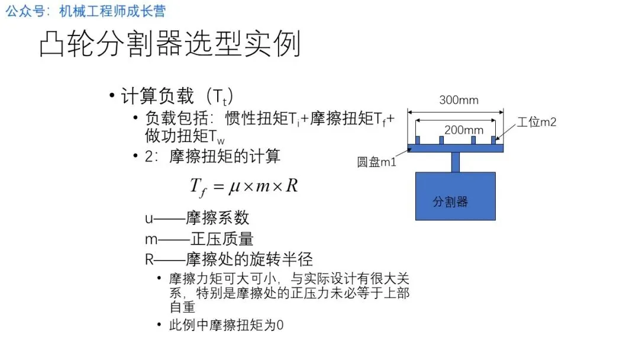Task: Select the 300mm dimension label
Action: [459, 100]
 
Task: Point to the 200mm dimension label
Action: [463, 130]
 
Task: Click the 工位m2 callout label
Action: [537, 123]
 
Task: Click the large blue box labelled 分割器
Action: [455, 196]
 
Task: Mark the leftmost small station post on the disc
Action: [418, 140]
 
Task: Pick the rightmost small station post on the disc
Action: [493, 140]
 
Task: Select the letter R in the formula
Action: [291, 186]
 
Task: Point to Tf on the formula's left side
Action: [198, 188]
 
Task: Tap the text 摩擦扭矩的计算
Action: [225, 157]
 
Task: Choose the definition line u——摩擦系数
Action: [197, 218]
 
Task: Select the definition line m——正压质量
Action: [199, 239]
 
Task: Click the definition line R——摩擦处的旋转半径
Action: [229, 259]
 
